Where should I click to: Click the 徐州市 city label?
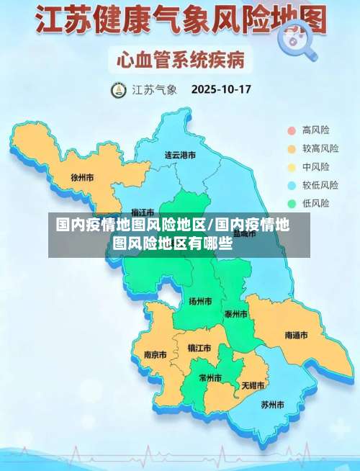82,176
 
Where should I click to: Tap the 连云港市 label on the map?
180,155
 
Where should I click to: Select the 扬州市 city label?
200,301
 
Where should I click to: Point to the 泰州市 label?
236,314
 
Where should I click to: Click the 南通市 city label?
296,335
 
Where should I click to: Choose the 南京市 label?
156,354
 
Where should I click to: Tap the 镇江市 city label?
199,348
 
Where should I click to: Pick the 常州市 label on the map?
210,377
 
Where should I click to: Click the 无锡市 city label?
253,385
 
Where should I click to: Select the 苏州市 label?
273,404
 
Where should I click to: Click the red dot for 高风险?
292,130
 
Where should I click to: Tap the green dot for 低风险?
292,203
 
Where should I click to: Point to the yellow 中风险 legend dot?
292,167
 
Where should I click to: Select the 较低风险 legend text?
320,185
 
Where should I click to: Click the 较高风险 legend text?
320,149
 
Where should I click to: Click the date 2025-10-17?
220,91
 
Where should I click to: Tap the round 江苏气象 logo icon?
117,91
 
